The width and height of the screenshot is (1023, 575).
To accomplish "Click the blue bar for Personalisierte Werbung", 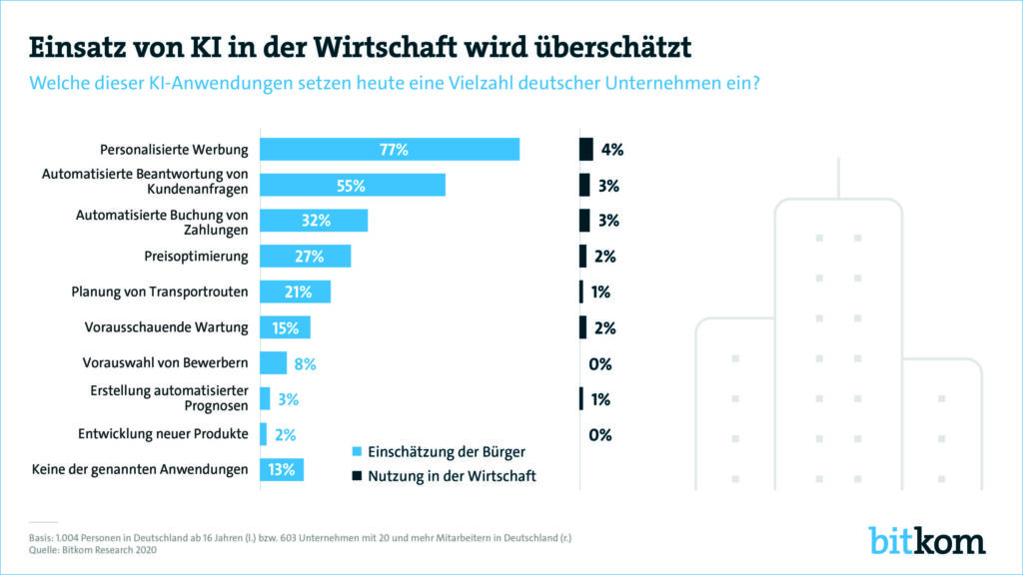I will pos(390,150).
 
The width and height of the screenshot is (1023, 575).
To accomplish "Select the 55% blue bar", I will pos(352,185).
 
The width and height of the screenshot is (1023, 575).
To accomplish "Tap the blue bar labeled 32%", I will pos(314,221).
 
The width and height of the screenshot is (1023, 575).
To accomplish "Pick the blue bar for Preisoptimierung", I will pos(305,257).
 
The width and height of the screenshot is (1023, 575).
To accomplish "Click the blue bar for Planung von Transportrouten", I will pos(295,291).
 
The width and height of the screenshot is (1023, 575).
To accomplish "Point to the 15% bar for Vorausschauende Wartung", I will pos(285,327).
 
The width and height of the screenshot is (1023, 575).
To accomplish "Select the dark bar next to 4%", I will pos(586,150).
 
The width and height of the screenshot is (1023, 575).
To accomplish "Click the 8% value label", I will pos(305,364).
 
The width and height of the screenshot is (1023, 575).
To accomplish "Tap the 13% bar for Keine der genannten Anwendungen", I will pos(281,470).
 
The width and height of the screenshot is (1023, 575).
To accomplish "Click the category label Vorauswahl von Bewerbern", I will pos(165,363).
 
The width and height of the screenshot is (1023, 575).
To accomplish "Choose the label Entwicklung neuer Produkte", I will pos(163,434).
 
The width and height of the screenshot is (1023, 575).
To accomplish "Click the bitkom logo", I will pos(926,539).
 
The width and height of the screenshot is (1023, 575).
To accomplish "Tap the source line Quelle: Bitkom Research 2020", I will pos(92,549).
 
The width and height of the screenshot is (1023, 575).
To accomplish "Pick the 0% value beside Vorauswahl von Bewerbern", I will pos(599,364).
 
